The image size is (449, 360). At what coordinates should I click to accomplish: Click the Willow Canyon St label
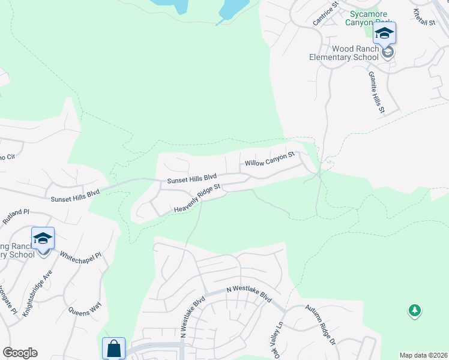(x=270, y=159)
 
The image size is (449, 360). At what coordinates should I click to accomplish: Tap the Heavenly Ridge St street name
(x=197, y=199)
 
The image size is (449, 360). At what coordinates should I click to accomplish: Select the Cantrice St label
(x=326, y=13)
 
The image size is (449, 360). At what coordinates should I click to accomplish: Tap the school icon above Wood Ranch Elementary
(x=384, y=33)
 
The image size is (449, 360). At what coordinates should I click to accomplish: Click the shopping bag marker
(x=113, y=348)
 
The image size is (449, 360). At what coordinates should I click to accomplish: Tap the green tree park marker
(x=414, y=310)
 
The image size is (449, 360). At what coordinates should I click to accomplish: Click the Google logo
(x=20, y=353)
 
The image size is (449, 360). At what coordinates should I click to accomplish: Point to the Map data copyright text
(x=423, y=355)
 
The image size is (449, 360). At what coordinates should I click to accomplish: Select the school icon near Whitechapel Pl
(x=43, y=239)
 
